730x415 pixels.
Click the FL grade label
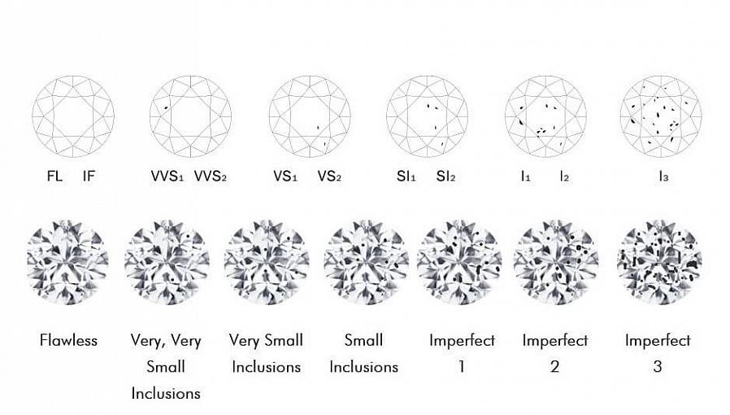tap(54, 175)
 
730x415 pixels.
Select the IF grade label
tap(89, 175)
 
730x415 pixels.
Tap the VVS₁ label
tap(167, 176)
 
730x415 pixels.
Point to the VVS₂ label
tap(211, 176)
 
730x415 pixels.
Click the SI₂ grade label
tap(446, 176)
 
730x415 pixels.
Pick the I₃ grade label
tap(660, 176)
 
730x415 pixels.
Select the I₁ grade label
tap(525, 176)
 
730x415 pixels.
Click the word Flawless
tap(68, 340)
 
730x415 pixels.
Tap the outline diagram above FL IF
tap(73, 116)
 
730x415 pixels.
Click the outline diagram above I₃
tap(660, 116)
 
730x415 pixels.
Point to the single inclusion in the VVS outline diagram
tap(166, 107)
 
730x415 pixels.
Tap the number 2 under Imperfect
tap(554, 366)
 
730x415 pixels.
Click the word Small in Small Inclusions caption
tap(363, 340)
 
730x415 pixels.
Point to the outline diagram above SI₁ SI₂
tap(428, 116)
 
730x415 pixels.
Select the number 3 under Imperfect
tap(657, 366)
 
